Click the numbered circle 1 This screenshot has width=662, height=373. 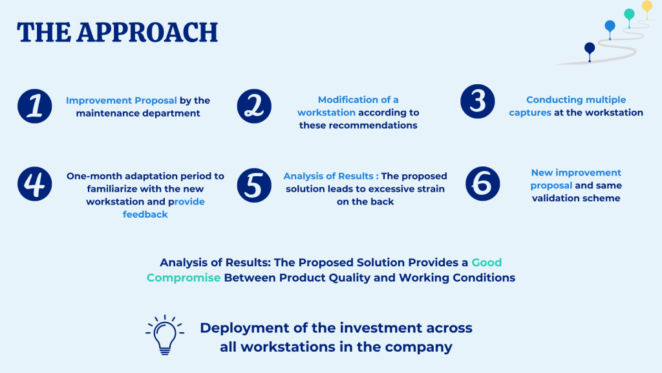(35, 106)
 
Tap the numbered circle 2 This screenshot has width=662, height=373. (254, 106)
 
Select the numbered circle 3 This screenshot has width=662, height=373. (478, 102)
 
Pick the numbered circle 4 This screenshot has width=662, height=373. (35, 184)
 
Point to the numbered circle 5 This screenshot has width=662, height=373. (254, 185)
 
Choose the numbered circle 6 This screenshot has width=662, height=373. (482, 184)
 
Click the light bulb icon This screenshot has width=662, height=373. (165, 335)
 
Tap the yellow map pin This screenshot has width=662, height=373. (646, 9)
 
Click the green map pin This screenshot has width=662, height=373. (629, 17)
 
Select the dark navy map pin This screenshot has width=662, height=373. (590, 52)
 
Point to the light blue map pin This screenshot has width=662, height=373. (610, 30)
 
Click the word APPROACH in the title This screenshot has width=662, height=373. (147, 32)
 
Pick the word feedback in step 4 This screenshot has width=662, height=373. (145, 214)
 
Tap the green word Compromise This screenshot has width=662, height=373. (184, 278)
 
